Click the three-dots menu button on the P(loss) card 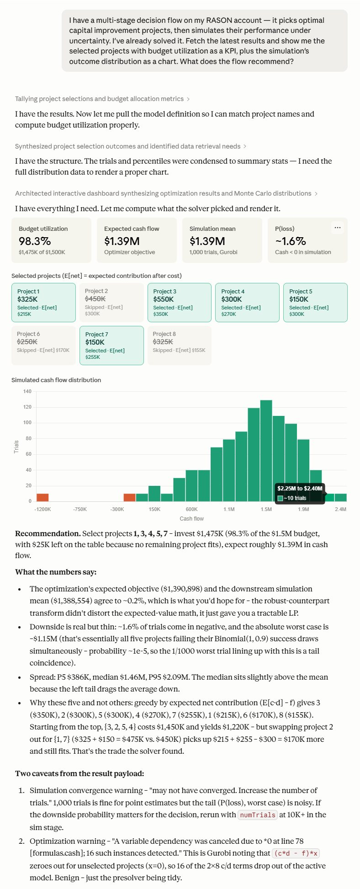(338, 228)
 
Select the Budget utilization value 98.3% (35, 241)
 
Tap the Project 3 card (180, 303)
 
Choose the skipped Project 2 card (111, 303)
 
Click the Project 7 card (111, 346)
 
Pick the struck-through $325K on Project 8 (163, 342)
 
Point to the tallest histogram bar (266, 451)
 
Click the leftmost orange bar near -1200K (42, 498)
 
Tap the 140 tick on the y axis (27, 391)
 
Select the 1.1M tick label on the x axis (229, 509)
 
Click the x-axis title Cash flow (192, 519)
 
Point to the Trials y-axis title (16, 447)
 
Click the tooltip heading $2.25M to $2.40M (300, 489)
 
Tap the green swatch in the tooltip (281, 498)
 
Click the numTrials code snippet (258, 815)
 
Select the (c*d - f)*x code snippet (296, 853)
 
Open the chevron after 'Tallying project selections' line (188, 99)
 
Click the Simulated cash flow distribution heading (56, 380)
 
